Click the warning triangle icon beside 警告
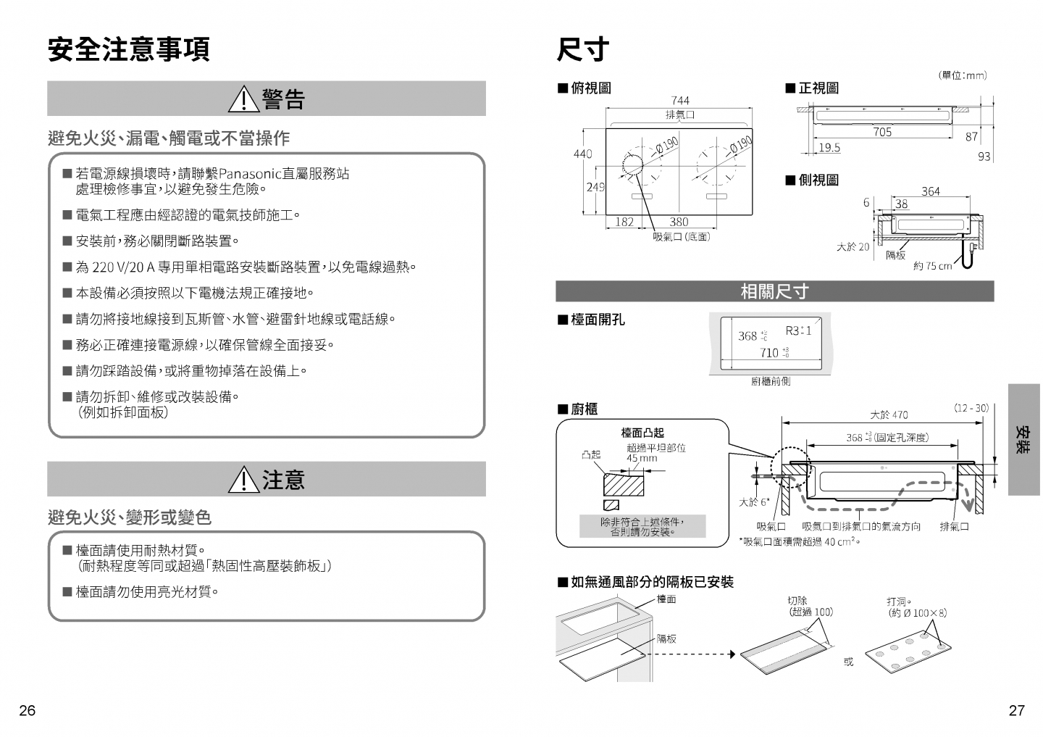point(244,99)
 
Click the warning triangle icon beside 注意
point(244,480)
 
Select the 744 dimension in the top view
point(680,101)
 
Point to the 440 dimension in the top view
point(582,154)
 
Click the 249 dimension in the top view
point(595,187)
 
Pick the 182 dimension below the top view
point(624,222)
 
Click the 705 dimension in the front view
point(882,132)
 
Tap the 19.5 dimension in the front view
point(829,148)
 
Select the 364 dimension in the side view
point(931,191)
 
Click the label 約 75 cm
point(932,266)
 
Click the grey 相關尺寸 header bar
point(774,291)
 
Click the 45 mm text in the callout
point(642,458)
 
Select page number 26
point(28,710)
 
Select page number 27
point(1016,710)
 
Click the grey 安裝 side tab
point(1023,439)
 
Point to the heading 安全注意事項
point(129,49)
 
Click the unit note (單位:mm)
point(963,75)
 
